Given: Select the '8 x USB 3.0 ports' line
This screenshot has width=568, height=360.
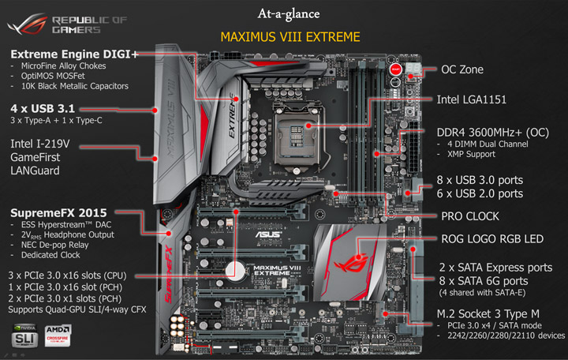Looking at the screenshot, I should pyautogui.click(x=479, y=179).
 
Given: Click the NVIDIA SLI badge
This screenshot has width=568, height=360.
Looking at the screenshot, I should pyautogui.click(x=24, y=336).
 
